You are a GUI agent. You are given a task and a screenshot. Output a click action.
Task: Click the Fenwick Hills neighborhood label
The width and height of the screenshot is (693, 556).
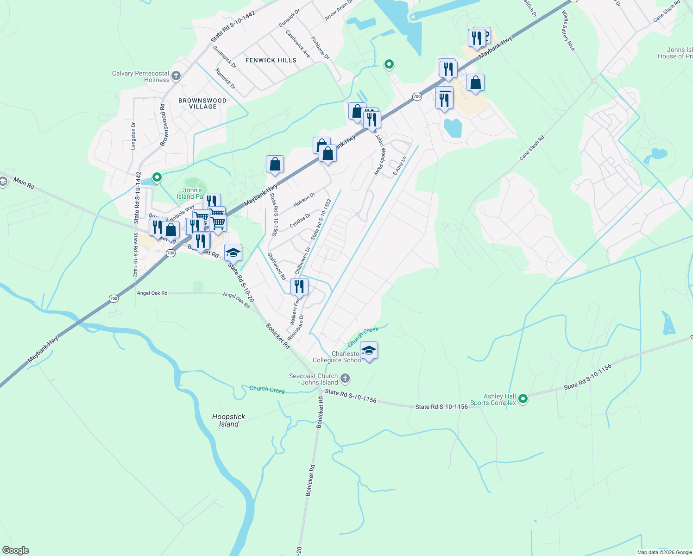point(271,60)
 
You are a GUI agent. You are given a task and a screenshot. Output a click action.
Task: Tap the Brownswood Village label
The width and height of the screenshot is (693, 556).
point(202,103)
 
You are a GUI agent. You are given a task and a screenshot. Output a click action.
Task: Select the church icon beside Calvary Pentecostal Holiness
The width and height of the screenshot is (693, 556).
point(176,76)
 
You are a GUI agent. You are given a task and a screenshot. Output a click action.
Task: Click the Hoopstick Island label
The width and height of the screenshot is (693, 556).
point(229,420)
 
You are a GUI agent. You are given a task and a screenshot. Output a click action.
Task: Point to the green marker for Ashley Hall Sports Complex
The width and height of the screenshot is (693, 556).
point(523,398)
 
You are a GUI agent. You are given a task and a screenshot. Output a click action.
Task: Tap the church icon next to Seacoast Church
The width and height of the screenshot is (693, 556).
point(345,379)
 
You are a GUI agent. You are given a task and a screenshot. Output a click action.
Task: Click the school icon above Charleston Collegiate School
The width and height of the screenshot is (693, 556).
point(369,351)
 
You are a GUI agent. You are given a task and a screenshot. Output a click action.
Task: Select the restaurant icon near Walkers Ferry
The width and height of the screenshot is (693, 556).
point(299,287)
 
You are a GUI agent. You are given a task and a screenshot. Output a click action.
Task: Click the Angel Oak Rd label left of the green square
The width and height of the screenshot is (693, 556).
point(152,293)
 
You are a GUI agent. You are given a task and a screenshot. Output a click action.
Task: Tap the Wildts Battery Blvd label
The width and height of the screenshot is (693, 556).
point(568,32)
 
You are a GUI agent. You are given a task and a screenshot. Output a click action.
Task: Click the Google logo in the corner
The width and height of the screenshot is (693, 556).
point(15,550)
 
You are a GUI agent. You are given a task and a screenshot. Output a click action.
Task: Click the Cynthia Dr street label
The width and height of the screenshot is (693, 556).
point(300,221)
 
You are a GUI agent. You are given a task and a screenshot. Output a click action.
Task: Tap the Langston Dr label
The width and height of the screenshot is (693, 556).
point(133,136)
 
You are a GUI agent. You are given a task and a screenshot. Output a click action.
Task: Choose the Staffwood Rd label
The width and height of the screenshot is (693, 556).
point(277,266)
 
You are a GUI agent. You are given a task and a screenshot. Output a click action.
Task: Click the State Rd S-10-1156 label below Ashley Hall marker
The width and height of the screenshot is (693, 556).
point(441,407)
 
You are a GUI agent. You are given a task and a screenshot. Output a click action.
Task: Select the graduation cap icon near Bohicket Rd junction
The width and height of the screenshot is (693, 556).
point(233,253)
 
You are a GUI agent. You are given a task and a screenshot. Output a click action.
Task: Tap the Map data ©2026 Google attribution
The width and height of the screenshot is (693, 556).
point(664,552)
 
